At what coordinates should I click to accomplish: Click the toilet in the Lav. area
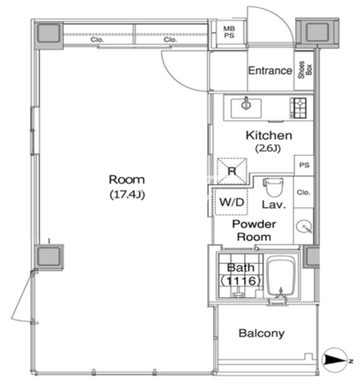pyautogui.click(x=274, y=187)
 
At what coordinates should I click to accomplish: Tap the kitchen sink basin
pyautogui.click(x=246, y=108)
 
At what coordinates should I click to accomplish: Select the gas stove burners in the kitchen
pyautogui.click(x=298, y=108)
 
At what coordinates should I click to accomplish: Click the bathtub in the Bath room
pyautogui.click(x=280, y=277)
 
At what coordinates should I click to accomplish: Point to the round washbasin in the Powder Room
pyautogui.click(x=303, y=228)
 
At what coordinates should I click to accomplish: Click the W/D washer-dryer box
pyautogui.click(x=232, y=202)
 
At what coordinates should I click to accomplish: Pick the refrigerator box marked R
pyautogui.click(x=232, y=171)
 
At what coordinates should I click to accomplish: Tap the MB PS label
pyautogui.click(x=229, y=32)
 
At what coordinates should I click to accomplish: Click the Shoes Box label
pyautogui.click(x=304, y=70)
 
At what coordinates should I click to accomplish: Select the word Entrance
pyautogui.click(x=270, y=71)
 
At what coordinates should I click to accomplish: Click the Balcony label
pyautogui.click(x=262, y=334)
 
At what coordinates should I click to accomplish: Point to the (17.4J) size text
pyautogui.click(x=127, y=195)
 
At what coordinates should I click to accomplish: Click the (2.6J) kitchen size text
pyautogui.click(x=268, y=148)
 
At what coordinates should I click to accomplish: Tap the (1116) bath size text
pyautogui.click(x=241, y=281)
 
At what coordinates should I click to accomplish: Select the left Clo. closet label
pyautogui.click(x=96, y=40)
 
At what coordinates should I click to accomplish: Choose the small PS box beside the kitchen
pyautogui.click(x=304, y=166)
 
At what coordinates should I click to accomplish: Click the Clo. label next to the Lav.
pyautogui.click(x=303, y=192)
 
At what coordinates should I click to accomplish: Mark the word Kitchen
pyautogui.click(x=269, y=135)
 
